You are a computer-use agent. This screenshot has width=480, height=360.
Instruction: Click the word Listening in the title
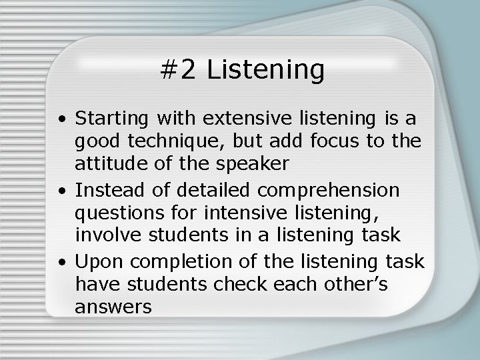pyautogui.click(x=266, y=70)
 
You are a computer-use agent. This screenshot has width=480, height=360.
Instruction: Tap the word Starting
pyautogui.click(x=113, y=119)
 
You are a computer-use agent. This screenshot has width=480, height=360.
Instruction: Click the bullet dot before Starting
pyautogui.click(x=61, y=121)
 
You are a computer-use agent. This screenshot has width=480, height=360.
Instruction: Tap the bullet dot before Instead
pyautogui.click(x=61, y=192)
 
